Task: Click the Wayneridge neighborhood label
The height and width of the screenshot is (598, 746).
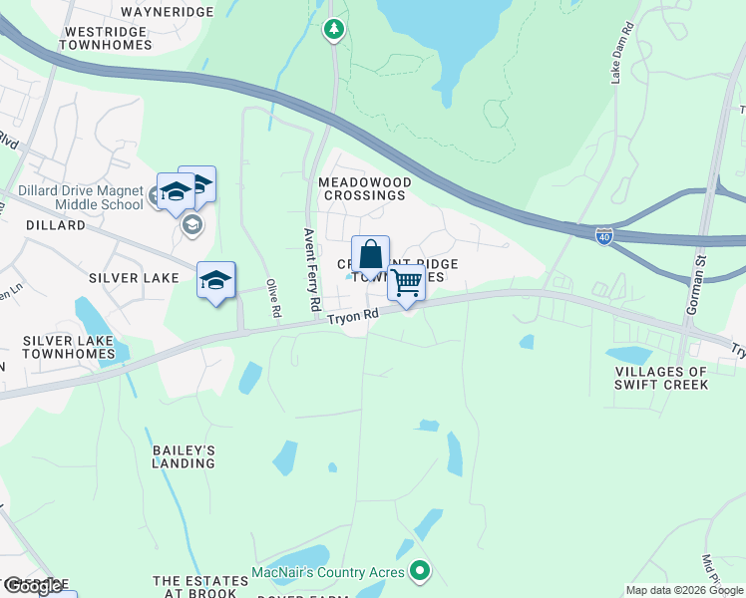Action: pos(167,12)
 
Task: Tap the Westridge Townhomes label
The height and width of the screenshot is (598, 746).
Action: pos(106,39)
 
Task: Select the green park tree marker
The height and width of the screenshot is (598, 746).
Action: pos(334,30)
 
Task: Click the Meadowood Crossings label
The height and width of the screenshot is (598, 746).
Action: pos(362,189)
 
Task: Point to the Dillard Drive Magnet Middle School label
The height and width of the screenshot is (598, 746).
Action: pos(80,197)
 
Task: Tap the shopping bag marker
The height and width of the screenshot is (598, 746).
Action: pos(370,255)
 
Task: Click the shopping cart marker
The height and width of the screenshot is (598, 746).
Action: pos(406,283)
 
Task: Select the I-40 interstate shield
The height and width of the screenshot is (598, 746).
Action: pos(603,235)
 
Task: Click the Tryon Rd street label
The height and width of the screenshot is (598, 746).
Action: pos(354,316)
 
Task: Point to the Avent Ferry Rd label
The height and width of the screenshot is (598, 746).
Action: pos(310,268)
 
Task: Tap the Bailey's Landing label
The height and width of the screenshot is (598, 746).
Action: pos(184,456)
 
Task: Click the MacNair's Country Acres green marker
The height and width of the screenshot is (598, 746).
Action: pos(421,572)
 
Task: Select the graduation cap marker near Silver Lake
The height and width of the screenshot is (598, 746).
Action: pos(215,281)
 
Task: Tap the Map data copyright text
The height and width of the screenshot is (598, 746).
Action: pos(684,590)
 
